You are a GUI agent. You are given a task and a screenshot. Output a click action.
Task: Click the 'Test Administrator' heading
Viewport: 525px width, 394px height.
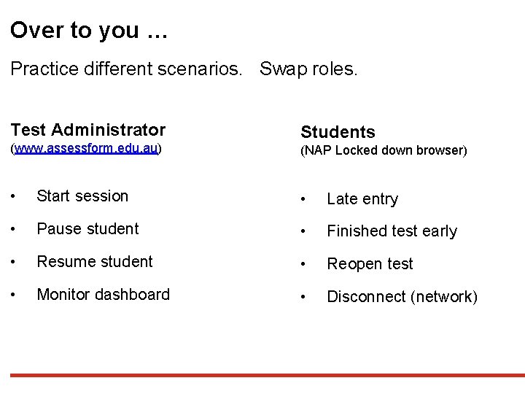tap(88, 130)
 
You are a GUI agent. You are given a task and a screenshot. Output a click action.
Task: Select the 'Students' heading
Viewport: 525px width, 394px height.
tap(338, 132)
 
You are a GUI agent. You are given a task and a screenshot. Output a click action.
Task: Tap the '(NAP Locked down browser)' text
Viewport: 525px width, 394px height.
tap(384, 150)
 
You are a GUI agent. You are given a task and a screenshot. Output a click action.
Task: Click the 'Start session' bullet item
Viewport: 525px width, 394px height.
tap(82, 196)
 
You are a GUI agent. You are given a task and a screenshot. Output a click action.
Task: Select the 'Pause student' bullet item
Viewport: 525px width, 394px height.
tap(87, 228)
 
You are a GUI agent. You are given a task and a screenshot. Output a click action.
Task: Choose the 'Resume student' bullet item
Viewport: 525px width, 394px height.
tap(95, 261)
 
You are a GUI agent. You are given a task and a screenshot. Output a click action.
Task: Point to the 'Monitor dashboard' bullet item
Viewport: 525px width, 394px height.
tap(103, 294)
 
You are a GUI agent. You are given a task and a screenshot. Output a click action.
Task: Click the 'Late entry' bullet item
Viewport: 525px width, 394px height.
tap(362, 198)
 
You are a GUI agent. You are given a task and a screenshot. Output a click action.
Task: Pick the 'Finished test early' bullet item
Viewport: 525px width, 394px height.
tap(392, 231)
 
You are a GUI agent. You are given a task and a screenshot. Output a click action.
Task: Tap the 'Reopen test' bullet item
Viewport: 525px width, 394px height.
tap(370, 264)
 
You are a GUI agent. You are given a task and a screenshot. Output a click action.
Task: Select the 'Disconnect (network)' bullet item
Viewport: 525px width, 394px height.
tap(402, 297)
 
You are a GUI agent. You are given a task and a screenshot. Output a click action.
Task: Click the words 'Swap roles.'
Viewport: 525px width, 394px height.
tap(308, 69)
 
